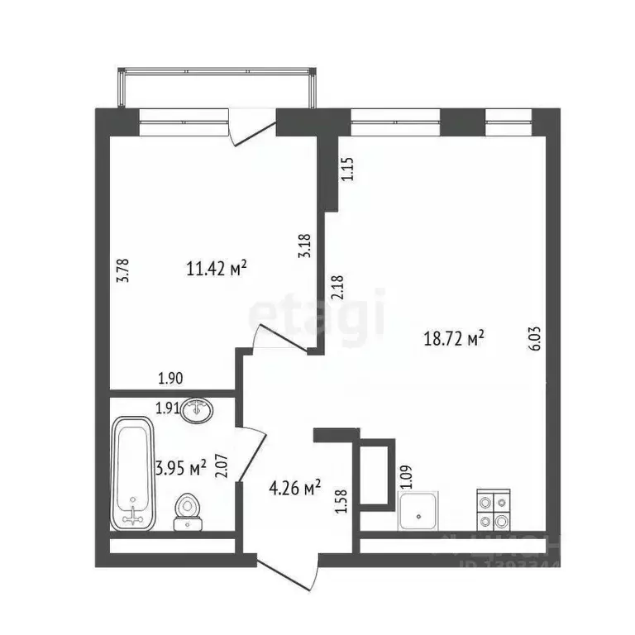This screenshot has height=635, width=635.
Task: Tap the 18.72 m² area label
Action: click(x=452, y=337)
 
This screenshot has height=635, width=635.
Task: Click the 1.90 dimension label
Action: click(x=170, y=379)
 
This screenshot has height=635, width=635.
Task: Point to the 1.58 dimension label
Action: click(x=341, y=502)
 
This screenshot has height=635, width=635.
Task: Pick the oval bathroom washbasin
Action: click(x=198, y=408)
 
